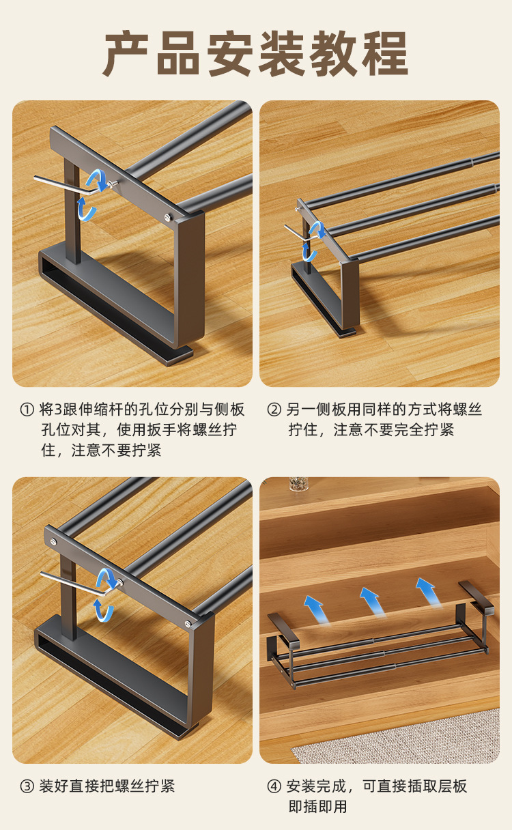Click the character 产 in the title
pyautogui.click(x=127, y=54)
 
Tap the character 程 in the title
pyautogui.click(x=386, y=54)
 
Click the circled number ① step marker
pyautogui.click(x=27, y=410)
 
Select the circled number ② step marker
pyautogui.click(x=274, y=410)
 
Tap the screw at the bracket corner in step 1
pyautogui.click(x=169, y=218)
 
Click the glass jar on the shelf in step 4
pyautogui.click(x=298, y=484)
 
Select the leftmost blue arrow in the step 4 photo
pyautogui.click(x=316, y=610)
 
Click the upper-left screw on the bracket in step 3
pyautogui.click(x=53, y=542)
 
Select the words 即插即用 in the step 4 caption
pyautogui.click(x=318, y=807)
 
